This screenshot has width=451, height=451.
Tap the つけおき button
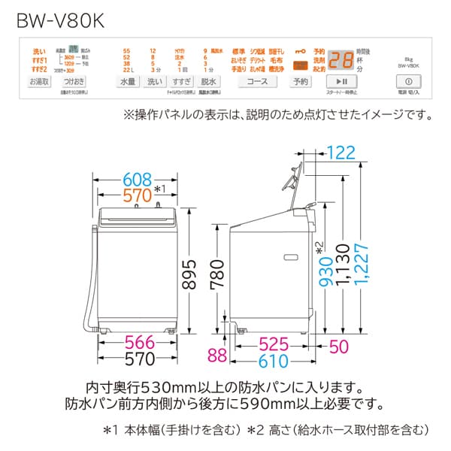[73, 80]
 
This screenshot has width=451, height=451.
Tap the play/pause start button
[341, 80]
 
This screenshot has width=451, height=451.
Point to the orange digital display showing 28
[342, 59]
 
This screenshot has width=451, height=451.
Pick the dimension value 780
[216, 277]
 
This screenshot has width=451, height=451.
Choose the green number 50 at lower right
[339, 347]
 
